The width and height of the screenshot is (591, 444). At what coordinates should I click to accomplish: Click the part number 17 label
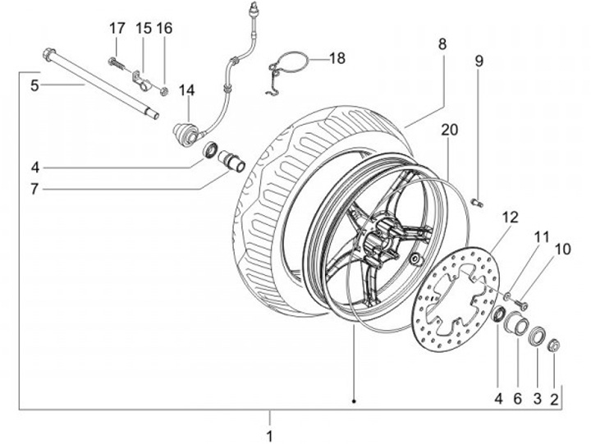116,28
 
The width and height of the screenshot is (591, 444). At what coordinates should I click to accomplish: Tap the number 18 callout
337,58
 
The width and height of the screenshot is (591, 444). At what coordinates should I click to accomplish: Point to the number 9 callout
479,60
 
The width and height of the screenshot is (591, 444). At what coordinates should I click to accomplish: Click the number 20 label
447,130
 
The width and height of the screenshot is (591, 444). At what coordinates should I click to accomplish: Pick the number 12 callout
511,217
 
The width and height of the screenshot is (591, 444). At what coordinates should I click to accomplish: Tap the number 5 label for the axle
34,85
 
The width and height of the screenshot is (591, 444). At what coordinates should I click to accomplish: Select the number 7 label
34,189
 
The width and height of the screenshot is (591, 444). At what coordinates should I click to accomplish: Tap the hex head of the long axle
48,56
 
